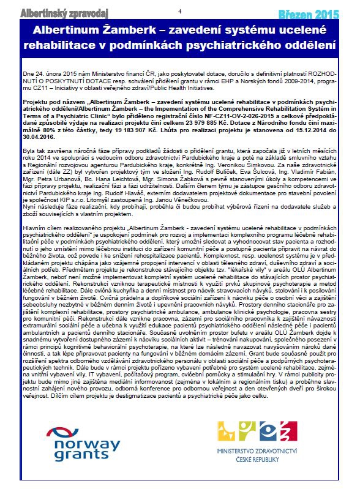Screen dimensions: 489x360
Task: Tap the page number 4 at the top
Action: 179,12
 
